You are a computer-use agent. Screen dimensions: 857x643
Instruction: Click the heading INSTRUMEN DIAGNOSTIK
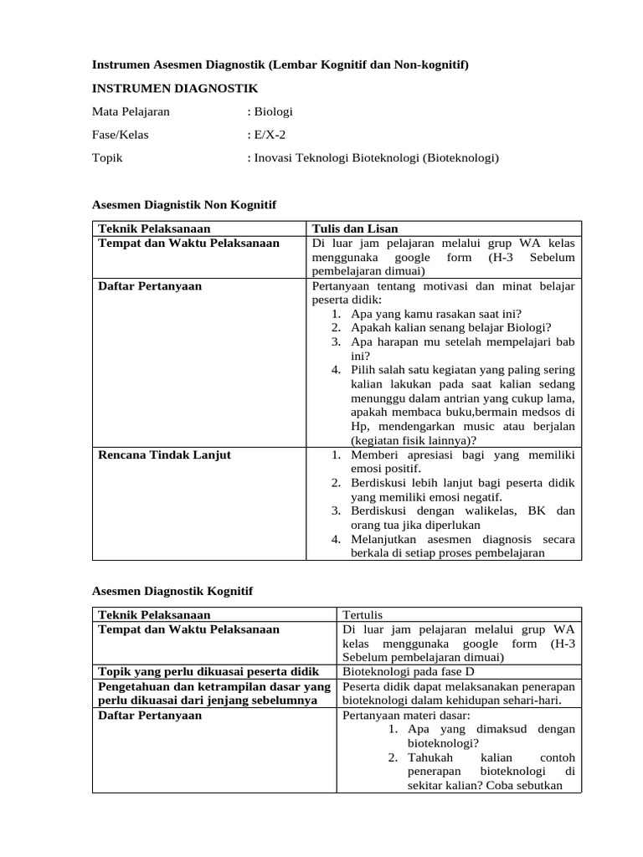175,88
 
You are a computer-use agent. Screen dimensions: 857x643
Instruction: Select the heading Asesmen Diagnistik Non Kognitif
183,204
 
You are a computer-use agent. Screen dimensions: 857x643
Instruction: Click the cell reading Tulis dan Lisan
354,228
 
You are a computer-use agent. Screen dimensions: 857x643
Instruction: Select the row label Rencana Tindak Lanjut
164,455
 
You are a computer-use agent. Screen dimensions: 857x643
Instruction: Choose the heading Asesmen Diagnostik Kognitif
172,591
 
